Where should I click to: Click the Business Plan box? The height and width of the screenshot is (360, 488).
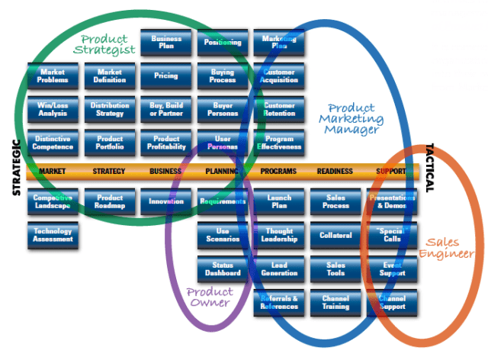tap(166, 43)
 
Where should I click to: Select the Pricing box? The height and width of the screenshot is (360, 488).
tap(166, 76)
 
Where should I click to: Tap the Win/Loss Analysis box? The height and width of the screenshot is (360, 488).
tap(53, 109)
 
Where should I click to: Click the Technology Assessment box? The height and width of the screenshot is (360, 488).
tap(53, 235)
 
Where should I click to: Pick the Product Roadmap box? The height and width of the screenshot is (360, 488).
tap(109, 201)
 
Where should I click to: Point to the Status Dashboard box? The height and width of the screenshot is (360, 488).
tap(223, 268)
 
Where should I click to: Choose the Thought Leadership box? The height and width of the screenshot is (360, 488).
tap(279, 235)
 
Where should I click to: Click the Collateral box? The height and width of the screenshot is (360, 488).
tap(335, 235)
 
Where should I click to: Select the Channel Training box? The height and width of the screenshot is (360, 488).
tap(335, 302)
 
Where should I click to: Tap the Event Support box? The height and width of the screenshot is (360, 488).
tap(392, 268)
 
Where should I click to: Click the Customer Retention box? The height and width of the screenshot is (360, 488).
tap(279, 109)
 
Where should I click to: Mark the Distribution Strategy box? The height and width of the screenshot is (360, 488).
tap(109, 109)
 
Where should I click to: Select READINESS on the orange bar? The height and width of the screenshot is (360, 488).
tap(335, 172)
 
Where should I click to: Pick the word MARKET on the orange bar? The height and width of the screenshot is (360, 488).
tap(53, 172)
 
